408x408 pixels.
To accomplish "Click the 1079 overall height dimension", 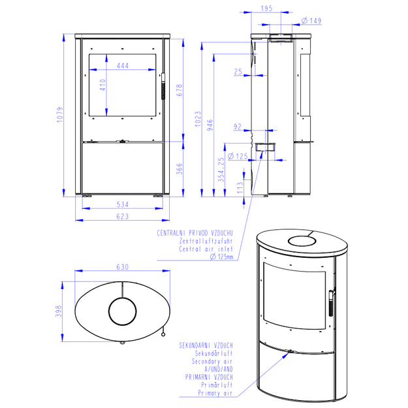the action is coord(60,115).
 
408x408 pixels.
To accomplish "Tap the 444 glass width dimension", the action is coord(123,65).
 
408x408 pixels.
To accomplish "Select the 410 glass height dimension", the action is coord(102,85).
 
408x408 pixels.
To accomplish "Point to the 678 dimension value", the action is coord(180,90).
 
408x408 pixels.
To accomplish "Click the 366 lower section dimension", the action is coord(180,169).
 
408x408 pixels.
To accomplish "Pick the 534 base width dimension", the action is coord(123,204).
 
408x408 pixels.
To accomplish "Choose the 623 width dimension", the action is coord(123,216).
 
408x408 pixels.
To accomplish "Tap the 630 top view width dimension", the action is coord(123,267).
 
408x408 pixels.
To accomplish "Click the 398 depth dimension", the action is coord(59,311).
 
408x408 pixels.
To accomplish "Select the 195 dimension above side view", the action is coord(266,8).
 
